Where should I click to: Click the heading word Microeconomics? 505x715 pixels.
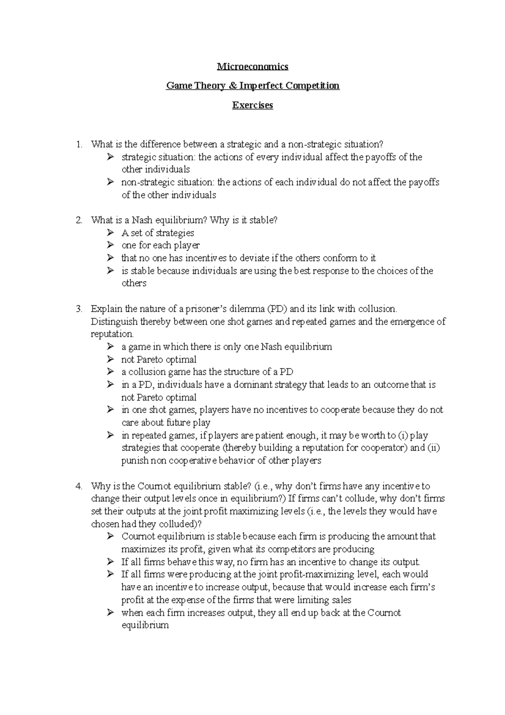click(252, 67)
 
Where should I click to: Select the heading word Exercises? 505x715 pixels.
click(252, 105)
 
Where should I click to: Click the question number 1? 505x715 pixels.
click(78, 144)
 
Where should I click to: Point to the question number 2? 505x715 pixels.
click(78, 220)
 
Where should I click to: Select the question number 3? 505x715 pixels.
click(78, 309)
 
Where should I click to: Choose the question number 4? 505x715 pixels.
click(78, 486)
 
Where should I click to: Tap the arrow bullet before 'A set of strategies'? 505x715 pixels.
click(110, 233)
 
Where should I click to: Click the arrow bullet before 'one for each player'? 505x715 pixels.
click(110, 245)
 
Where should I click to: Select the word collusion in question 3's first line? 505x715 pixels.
click(377, 309)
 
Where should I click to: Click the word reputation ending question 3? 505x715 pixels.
click(112, 334)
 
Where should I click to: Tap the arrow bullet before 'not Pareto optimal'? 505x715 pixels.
click(110, 360)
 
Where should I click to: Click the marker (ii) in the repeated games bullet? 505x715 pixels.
click(433, 448)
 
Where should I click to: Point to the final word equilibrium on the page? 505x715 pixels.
click(145, 626)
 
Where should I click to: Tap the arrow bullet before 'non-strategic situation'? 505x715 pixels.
click(110, 182)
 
